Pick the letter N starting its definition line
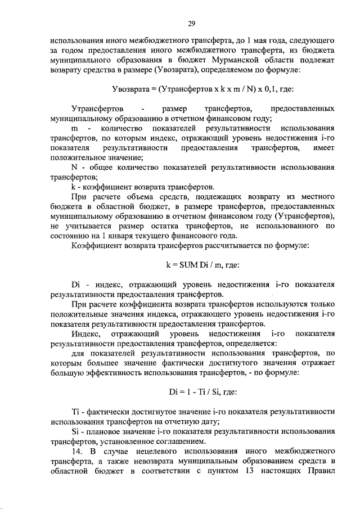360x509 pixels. coord(74,167)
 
